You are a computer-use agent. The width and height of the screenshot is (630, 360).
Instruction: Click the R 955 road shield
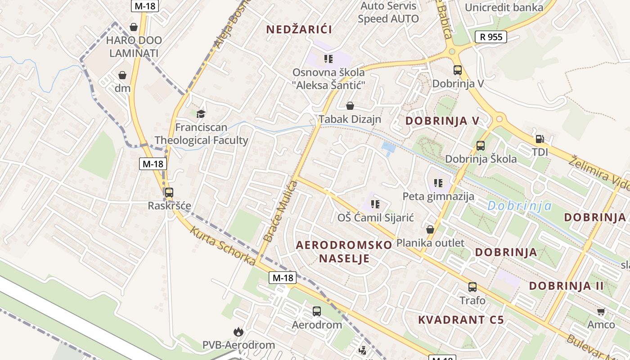(491, 37)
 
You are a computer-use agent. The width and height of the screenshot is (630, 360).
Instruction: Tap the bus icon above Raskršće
(169, 193)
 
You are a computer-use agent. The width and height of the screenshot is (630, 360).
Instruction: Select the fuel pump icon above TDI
(540, 139)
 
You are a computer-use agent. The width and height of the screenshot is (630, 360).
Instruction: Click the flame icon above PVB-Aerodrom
(238, 332)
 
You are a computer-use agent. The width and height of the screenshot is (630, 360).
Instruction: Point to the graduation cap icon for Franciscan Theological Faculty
(201, 114)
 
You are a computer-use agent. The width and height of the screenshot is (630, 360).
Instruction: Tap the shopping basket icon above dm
(122, 75)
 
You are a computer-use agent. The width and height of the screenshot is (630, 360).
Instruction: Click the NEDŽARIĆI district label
(299, 30)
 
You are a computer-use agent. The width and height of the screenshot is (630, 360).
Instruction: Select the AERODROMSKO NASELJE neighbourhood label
(344, 252)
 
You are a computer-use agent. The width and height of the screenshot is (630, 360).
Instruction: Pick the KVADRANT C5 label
(461, 320)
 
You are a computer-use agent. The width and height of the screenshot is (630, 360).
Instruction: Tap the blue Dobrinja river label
(520, 206)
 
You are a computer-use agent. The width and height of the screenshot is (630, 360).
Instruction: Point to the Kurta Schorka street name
(223, 246)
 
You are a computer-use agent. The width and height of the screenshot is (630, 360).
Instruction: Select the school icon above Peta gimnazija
(438, 183)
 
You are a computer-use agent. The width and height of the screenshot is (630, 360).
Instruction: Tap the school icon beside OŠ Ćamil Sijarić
(375, 204)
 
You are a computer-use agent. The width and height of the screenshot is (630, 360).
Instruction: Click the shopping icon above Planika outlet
(430, 229)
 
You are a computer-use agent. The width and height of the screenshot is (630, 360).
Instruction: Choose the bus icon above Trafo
(472, 287)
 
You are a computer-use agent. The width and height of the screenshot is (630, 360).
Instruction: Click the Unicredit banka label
(504, 8)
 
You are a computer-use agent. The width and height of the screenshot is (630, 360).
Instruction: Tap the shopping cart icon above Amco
(601, 311)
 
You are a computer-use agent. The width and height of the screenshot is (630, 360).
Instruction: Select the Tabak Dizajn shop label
(350, 119)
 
